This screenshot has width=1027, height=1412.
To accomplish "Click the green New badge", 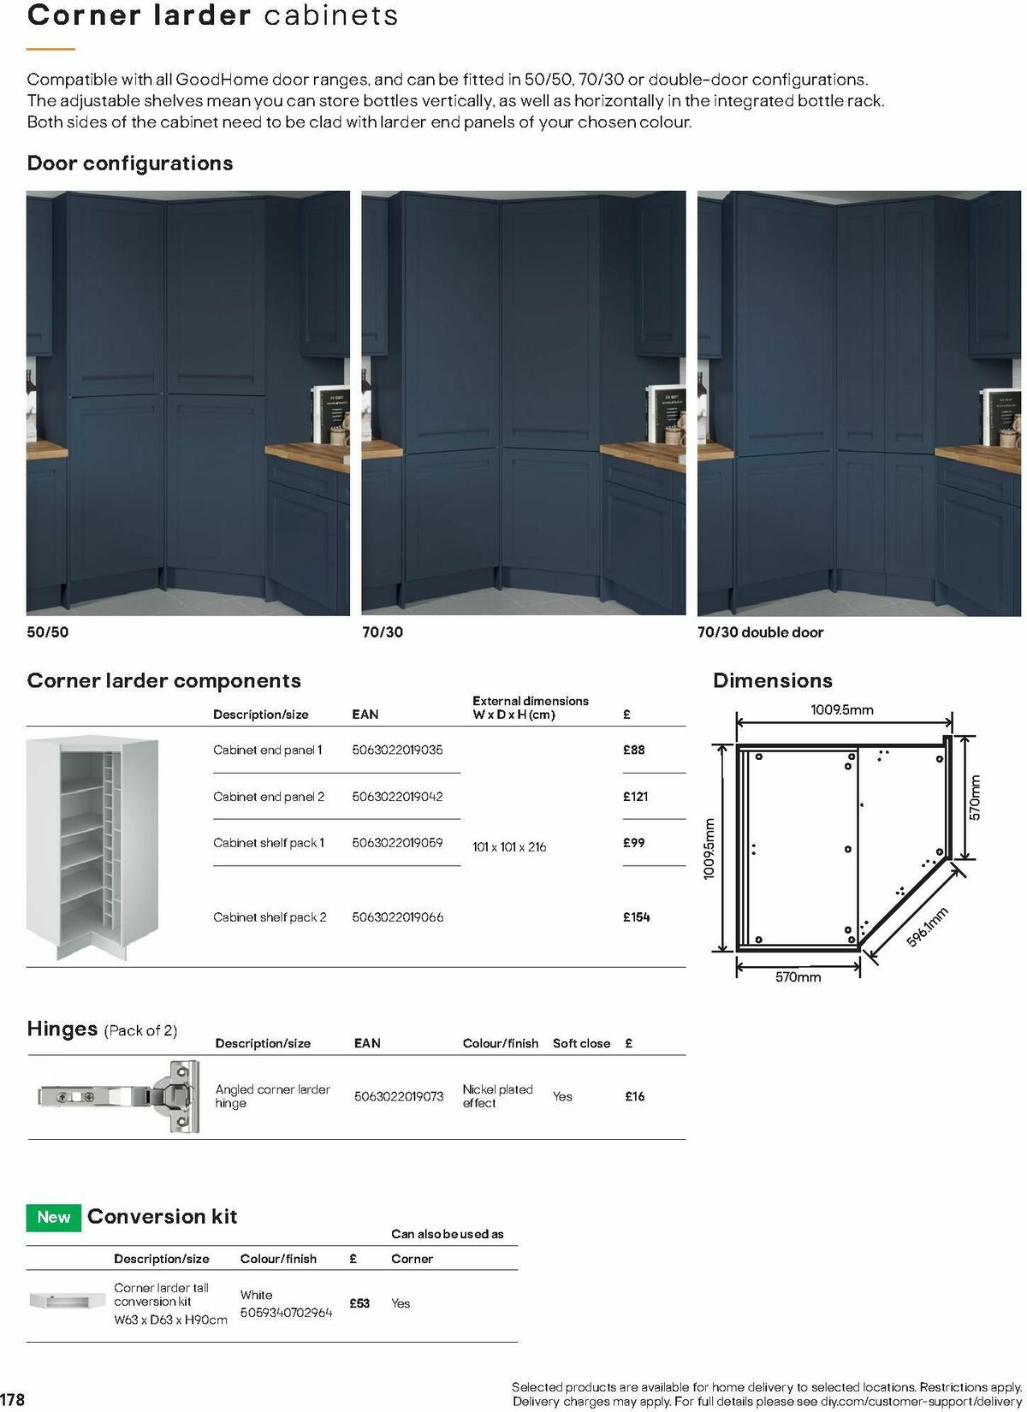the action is [x=54, y=1217].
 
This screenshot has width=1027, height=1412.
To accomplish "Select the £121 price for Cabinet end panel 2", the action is [x=635, y=796].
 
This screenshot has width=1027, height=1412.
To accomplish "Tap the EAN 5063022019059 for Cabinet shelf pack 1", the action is [x=397, y=842].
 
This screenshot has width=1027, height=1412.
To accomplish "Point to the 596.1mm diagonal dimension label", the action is [x=927, y=927].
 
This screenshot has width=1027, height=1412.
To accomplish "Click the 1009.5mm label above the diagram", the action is [x=841, y=709].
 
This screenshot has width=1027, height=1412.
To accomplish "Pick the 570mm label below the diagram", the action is [x=798, y=977].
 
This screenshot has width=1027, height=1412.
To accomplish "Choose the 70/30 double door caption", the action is [x=760, y=632].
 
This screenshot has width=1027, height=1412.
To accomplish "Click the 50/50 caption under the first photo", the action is [x=47, y=632].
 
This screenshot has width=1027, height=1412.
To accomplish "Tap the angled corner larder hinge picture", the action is [x=118, y=1097].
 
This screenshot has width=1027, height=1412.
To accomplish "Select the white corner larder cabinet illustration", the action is [x=92, y=848].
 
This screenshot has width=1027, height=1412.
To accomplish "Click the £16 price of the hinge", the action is [x=635, y=1096].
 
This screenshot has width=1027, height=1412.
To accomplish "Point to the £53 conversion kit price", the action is [x=359, y=1303].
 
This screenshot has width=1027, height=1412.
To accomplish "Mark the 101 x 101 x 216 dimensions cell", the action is [x=508, y=847].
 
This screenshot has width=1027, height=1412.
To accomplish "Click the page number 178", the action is [x=12, y=1399].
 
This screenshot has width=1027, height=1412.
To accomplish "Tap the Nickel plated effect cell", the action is [x=497, y=1096].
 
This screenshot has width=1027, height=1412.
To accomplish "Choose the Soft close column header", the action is [x=581, y=1043].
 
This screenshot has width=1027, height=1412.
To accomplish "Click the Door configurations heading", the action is [x=130, y=163].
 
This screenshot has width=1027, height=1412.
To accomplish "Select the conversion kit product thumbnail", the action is [x=67, y=1301].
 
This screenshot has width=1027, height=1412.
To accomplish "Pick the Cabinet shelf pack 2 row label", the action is [x=270, y=917].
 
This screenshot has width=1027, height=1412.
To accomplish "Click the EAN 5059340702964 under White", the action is [x=286, y=1313].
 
